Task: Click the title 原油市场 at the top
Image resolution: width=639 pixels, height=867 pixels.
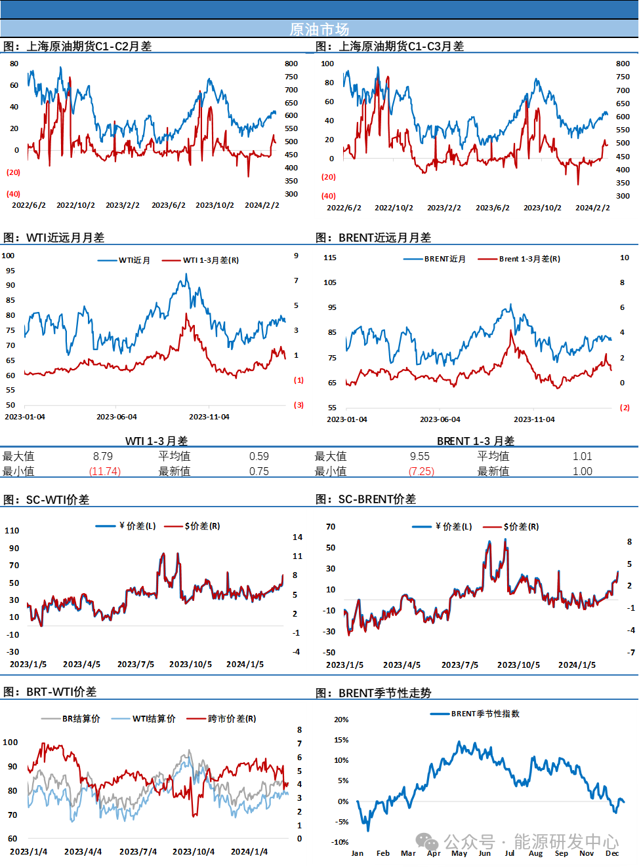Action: (x=319, y=29)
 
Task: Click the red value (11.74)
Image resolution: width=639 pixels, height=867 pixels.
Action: (x=105, y=471)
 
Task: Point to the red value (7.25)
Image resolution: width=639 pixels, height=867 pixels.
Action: (x=422, y=471)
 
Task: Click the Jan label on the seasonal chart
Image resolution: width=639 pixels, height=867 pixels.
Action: (x=357, y=853)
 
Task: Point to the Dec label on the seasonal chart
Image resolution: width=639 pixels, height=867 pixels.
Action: (x=612, y=853)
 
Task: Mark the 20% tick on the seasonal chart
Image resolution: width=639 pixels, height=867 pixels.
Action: (x=341, y=720)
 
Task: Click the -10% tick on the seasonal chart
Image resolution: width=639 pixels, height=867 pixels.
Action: (x=340, y=842)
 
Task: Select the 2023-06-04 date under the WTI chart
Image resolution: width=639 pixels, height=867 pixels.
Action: (x=117, y=417)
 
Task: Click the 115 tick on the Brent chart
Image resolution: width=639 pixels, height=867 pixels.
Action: (x=330, y=258)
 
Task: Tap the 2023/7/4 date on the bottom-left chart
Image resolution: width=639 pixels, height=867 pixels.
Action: (x=138, y=852)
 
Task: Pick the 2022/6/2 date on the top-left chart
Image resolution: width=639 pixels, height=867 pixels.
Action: (x=29, y=205)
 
